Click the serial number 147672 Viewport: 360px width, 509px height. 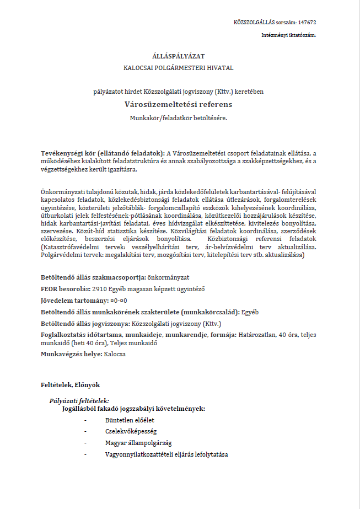click(x=307, y=23)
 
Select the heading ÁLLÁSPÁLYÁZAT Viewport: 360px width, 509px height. click(x=179, y=56)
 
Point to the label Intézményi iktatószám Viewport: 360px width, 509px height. click(x=288, y=35)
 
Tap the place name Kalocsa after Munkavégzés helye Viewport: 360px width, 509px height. click(x=115, y=353)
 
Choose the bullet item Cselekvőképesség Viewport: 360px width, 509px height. click(x=127, y=431)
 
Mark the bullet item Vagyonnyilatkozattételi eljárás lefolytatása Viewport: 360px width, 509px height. click(x=166, y=454)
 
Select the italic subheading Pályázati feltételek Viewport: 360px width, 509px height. click(x=79, y=400)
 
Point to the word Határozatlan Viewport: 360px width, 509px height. click(x=258, y=335)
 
